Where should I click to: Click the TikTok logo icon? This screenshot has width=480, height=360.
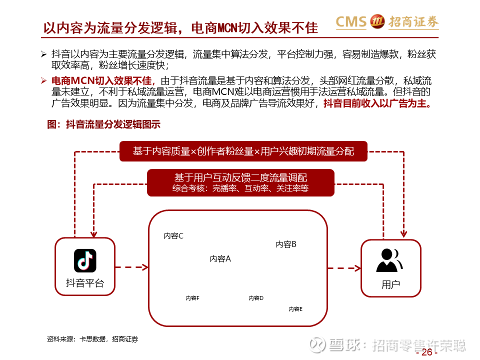pyautogui.click(x=85, y=260)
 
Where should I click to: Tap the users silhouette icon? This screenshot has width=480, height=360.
pyautogui.click(x=389, y=260)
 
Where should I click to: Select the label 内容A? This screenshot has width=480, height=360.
pyautogui.click(x=220, y=259)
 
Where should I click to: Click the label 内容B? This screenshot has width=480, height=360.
pyautogui.click(x=286, y=244)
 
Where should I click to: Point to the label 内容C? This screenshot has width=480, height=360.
pyautogui.click(x=173, y=236)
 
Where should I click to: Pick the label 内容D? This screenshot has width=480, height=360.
pyautogui.click(x=256, y=298)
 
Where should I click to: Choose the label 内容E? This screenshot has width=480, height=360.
pyautogui.click(x=295, y=309)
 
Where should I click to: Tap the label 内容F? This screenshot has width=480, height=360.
pyautogui.click(x=192, y=298)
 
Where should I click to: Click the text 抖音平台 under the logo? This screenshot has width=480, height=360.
pyautogui.click(x=85, y=283)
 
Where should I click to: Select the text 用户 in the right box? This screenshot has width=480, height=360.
pyautogui.click(x=390, y=284)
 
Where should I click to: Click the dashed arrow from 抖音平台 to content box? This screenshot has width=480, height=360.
pyautogui.click(x=132, y=267)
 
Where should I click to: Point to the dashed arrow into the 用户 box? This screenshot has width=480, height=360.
pyautogui.click(x=344, y=268)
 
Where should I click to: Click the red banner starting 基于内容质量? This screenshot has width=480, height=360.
pyautogui.click(x=243, y=151)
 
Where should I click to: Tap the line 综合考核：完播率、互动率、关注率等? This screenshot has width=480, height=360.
pyautogui.click(x=240, y=188)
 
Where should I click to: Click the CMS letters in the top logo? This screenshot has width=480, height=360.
pyautogui.click(x=351, y=21)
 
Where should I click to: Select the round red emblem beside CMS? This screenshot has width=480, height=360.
pyautogui.click(x=377, y=21)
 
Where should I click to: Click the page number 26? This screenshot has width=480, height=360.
pyautogui.click(x=426, y=352)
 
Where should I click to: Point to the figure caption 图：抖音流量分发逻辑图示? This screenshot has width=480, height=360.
pyautogui.click(x=104, y=124)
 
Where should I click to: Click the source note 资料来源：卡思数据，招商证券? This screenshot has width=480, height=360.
pyautogui.click(x=92, y=339)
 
